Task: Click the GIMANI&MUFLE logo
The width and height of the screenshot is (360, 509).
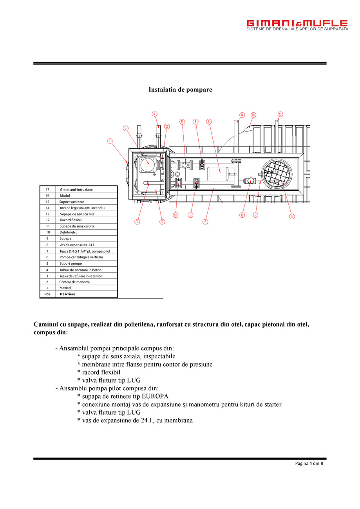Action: pyautogui.click(x=297, y=25)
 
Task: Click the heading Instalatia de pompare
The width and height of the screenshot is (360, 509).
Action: pyautogui.click(x=180, y=90)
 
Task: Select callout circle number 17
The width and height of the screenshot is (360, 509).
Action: pyautogui.click(x=292, y=217)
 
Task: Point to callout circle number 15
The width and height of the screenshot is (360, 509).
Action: pyautogui.click(x=280, y=114)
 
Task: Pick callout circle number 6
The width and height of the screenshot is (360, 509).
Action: pyautogui.click(x=125, y=128)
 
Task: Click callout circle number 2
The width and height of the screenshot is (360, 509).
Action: pyautogui.click(x=205, y=222)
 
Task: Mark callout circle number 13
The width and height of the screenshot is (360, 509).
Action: pyautogui.click(x=242, y=215)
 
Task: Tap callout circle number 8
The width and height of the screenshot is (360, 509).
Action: pyautogui.click(x=209, y=121)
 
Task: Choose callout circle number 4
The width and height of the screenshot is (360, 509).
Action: pyautogui.click(x=155, y=114)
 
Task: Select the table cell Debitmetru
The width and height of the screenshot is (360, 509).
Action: pyautogui.click(x=69, y=232)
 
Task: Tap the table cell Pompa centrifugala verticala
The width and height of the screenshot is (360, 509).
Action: pyautogui.click(x=81, y=257)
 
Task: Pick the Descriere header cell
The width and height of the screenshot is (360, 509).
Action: pyautogui.click(x=67, y=294)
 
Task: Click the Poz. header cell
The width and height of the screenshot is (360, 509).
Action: pyautogui.click(x=47, y=294)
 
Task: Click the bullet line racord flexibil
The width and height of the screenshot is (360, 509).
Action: pyautogui.click(x=101, y=372)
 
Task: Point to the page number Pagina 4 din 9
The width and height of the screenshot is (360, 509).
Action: pyautogui.click(x=309, y=464)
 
